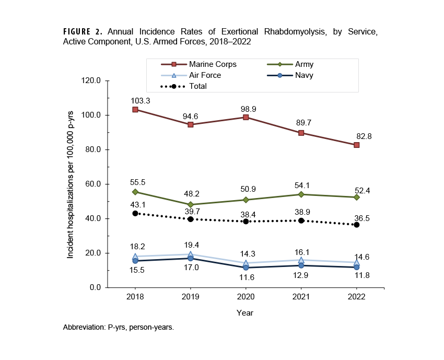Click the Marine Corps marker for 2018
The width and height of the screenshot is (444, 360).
(135, 110)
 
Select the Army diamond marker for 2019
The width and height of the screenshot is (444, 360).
(191, 205)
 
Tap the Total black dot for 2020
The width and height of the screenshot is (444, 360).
(246, 222)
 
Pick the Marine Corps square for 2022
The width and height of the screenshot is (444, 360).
(356, 145)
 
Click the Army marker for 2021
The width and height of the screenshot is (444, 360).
(301, 194)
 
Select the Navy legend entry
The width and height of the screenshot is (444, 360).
(298, 75)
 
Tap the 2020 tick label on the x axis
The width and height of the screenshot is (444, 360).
(246, 296)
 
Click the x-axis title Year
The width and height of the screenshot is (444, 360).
(245, 313)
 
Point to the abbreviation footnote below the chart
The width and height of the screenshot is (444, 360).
(118, 328)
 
